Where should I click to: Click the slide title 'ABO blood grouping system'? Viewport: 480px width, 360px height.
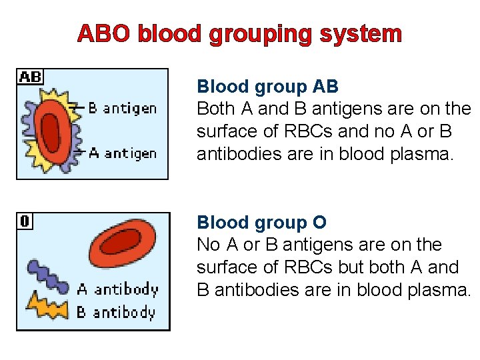[239, 33]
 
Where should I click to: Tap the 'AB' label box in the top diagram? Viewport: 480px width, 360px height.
[30, 77]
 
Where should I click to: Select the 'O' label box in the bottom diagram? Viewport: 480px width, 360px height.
[25, 221]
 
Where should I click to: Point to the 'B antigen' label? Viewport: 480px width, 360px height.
[123, 108]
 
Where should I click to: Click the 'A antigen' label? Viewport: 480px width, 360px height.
[123, 153]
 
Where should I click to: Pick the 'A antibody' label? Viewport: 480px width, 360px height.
[117, 289]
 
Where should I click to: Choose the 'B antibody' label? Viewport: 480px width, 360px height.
[115, 312]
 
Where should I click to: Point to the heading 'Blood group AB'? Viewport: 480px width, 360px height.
[267, 87]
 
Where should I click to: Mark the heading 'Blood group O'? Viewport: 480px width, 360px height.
[261, 223]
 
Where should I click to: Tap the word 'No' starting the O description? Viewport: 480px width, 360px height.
[207, 245]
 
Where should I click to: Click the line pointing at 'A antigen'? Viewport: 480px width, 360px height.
[79, 152]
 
